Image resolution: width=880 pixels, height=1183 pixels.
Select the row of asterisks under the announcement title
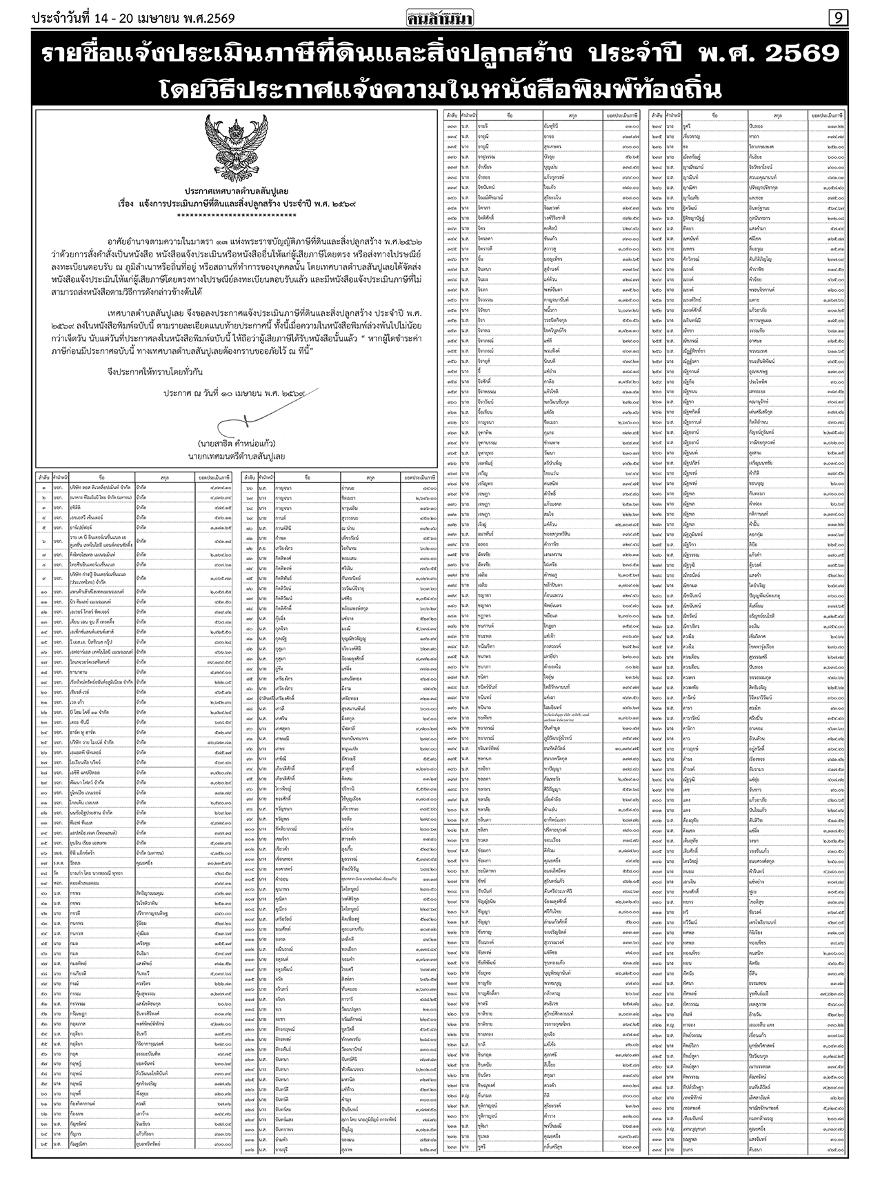(x=236, y=216)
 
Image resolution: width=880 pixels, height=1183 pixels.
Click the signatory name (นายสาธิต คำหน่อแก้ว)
(x=236, y=443)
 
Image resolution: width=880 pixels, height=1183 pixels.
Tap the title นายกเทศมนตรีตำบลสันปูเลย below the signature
(x=236, y=456)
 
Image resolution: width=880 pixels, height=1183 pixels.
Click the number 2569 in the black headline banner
(x=794, y=54)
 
